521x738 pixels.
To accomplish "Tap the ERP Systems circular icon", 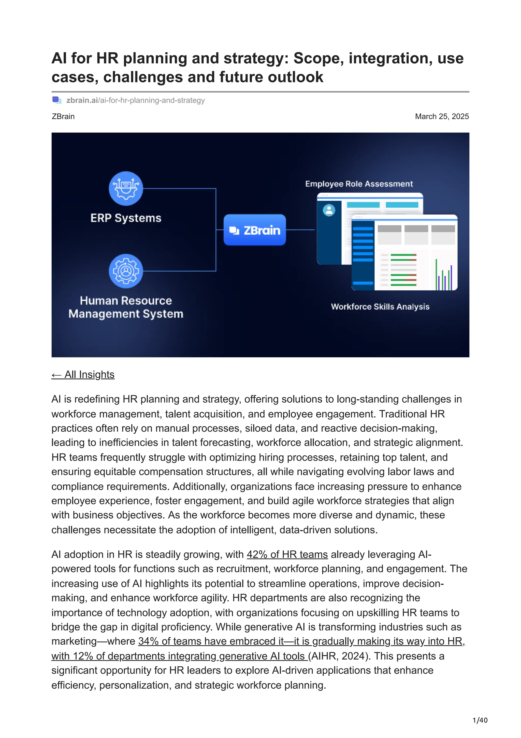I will click(x=126, y=189).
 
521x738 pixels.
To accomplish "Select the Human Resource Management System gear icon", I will click(x=126, y=271).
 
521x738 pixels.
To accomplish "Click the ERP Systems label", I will click(x=126, y=218).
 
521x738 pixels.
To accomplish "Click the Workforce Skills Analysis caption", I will click(x=380, y=307).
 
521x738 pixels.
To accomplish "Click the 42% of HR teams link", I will click(x=287, y=554).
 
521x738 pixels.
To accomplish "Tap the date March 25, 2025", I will click(x=442, y=116).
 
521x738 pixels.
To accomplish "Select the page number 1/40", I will click(x=480, y=720).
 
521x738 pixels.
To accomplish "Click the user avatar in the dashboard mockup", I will click(x=329, y=210).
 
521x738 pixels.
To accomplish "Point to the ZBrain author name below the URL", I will click(x=63, y=116).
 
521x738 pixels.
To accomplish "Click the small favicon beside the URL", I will click(x=57, y=100).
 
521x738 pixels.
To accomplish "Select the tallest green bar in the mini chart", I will click(x=436, y=275).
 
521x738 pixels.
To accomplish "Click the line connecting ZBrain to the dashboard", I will click(x=300, y=230).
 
